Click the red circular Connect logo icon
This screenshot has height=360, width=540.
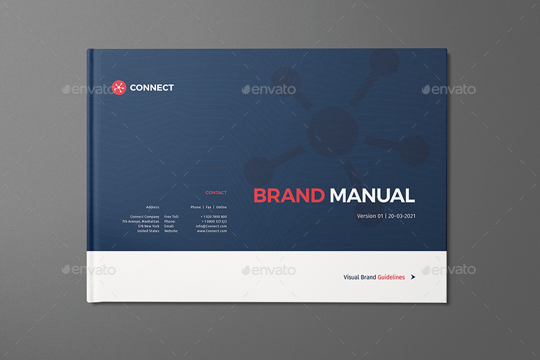click(x=119, y=88)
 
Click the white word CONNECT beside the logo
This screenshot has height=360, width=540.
click(x=152, y=88)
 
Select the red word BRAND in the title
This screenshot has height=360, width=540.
click(x=289, y=196)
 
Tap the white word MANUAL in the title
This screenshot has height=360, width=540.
click(x=372, y=196)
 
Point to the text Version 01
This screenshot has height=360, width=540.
click(x=370, y=216)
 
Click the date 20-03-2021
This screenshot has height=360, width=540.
click(x=402, y=216)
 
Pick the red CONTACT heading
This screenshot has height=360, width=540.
click(x=216, y=193)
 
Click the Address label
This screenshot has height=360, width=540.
click(x=152, y=207)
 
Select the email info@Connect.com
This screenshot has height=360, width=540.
click(x=211, y=226)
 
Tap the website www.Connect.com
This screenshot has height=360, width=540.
click(x=212, y=231)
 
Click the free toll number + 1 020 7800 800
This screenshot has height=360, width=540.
click(x=214, y=217)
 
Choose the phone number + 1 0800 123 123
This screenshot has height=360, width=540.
click(x=214, y=221)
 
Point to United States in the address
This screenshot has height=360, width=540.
click(x=148, y=231)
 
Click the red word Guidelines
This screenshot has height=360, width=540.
click(x=391, y=277)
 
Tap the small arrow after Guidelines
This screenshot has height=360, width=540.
click(x=413, y=277)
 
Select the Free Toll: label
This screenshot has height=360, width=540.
click(x=172, y=217)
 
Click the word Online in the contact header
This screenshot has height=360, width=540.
click(x=221, y=207)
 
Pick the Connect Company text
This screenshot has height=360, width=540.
click(x=145, y=217)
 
